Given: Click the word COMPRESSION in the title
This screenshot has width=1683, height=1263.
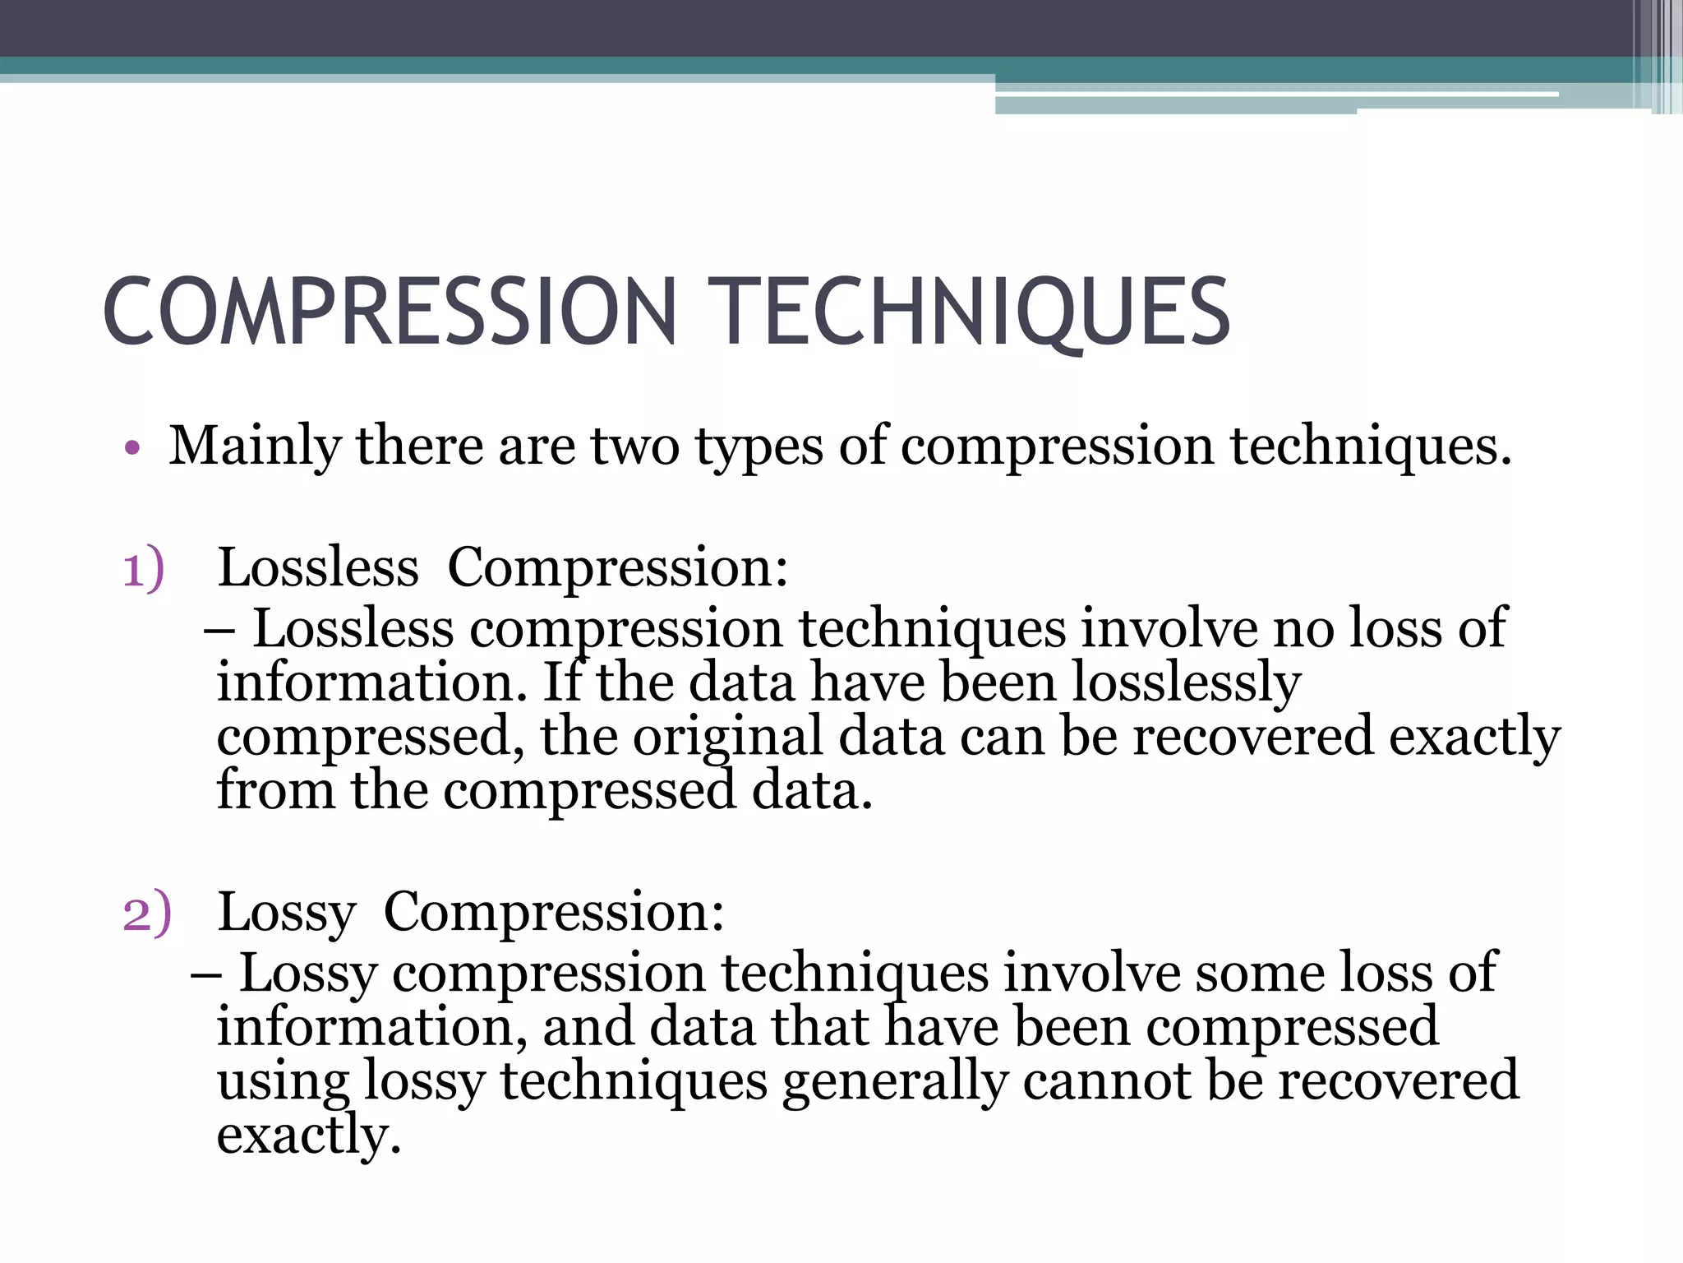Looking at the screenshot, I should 390,312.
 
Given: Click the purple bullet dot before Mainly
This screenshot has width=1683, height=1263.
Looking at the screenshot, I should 132,449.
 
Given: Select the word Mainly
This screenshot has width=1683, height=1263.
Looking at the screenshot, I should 254,447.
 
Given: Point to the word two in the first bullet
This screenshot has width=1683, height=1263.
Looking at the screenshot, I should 634,447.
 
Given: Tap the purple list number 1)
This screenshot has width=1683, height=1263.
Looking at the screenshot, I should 144,569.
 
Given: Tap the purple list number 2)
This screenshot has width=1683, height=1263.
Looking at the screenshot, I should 147,913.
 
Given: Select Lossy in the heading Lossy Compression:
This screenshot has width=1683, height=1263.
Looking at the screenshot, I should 287,913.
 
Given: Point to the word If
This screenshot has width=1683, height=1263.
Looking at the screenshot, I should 563,682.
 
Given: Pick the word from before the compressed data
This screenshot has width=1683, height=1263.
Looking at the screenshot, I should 275,790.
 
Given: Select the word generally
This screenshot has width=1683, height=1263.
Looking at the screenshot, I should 895,1082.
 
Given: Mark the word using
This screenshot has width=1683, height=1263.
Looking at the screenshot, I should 283,1082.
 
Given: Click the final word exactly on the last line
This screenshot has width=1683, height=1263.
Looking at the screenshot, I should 308,1136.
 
